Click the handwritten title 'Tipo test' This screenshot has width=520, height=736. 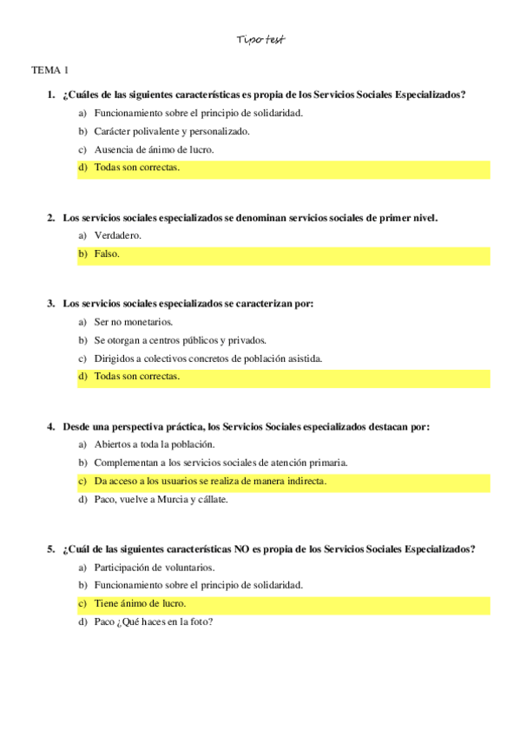(x=260, y=41)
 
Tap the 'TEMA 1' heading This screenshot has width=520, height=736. (x=49, y=69)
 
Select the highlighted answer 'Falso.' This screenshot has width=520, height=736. (x=107, y=254)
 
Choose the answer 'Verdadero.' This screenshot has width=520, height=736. (x=117, y=235)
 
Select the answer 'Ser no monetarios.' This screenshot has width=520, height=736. (x=134, y=322)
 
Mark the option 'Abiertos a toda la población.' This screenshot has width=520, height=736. (x=154, y=444)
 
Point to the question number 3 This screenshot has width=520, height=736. (x=51, y=304)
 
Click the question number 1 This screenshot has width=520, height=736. (x=51, y=95)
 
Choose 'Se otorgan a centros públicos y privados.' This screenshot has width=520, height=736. (x=180, y=340)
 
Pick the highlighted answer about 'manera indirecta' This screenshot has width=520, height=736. (x=210, y=481)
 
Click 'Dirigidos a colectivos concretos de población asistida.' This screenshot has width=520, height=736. (x=207, y=358)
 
